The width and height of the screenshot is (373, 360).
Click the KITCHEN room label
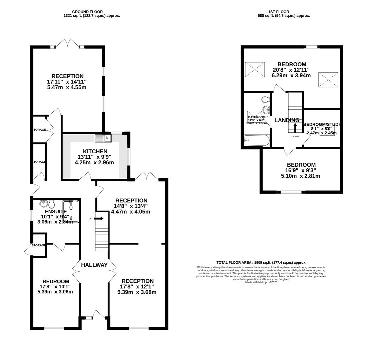click(x=95, y=151)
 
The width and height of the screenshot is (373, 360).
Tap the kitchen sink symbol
click(x=103, y=138)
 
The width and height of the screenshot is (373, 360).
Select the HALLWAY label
click(x=94, y=265)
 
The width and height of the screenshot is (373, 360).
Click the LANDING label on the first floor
click(x=287, y=120)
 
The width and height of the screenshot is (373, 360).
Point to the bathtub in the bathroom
click(x=257, y=140)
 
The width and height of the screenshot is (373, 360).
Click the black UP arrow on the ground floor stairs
click(x=99, y=218)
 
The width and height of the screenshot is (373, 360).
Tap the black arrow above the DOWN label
click(x=295, y=128)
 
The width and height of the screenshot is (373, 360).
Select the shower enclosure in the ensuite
click(x=71, y=211)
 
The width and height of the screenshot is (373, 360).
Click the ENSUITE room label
click(x=56, y=211)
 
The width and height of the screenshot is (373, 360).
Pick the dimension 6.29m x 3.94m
click(x=291, y=76)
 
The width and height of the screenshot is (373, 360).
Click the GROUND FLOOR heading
click(x=87, y=12)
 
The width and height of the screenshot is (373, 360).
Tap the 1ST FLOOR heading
click(x=279, y=12)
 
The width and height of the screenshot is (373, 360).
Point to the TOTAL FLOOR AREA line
click(x=261, y=263)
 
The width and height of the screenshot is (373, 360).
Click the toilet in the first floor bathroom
click(x=265, y=99)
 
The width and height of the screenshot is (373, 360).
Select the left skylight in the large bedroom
click(x=255, y=69)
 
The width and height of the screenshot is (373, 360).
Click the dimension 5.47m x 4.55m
click(x=67, y=87)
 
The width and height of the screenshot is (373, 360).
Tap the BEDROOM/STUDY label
click(x=322, y=125)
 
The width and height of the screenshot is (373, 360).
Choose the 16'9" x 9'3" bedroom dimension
click(x=301, y=170)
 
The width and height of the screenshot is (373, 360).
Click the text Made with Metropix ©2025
click(x=261, y=282)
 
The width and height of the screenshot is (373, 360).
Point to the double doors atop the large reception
click(x=68, y=43)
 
